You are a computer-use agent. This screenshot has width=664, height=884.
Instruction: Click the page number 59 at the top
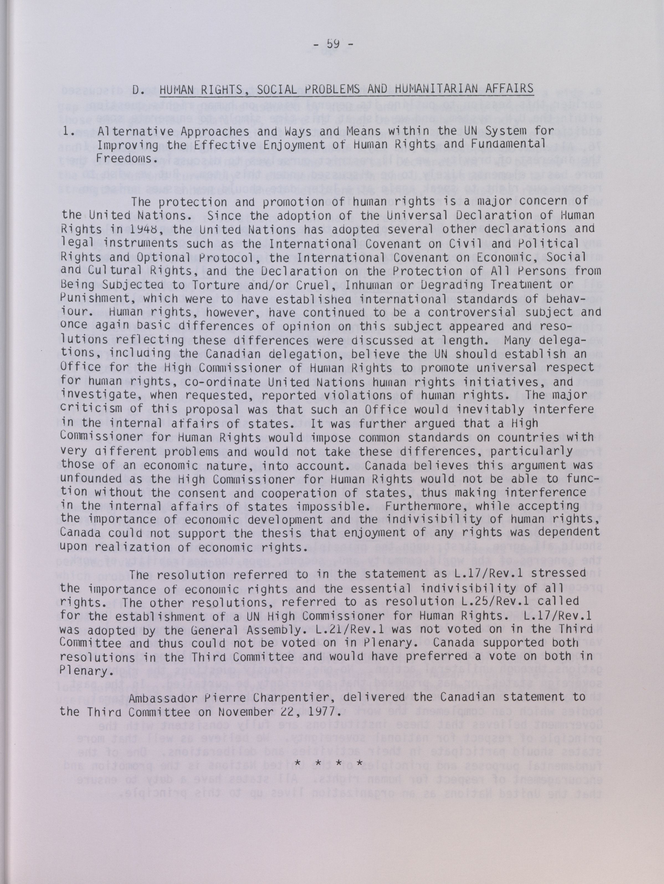coord(332,43)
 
